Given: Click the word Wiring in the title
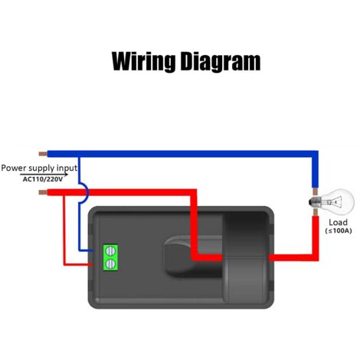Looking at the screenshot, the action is tap(143, 61).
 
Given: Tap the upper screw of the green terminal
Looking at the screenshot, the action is tap(110, 251).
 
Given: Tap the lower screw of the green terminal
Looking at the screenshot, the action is tap(110, 263).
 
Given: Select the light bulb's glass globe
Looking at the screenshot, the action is tap(339, 201).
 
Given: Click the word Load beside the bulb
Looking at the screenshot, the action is tap(338, 222).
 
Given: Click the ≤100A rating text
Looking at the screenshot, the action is tap(339, 231).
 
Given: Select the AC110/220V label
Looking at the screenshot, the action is tap(43, 179).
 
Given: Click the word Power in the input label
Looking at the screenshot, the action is tap(14, 169).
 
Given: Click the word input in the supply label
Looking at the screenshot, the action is tap(67, 169).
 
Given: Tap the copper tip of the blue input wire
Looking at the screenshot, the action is tap(43, 154).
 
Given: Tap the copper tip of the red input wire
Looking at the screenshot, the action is tap(43, 192).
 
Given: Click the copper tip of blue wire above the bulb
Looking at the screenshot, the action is tap(316, 191).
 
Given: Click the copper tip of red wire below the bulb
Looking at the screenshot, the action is tap(316, 212).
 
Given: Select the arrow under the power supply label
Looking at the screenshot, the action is tap(44, 175).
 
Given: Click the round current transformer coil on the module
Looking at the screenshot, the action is tap(246, 257).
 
